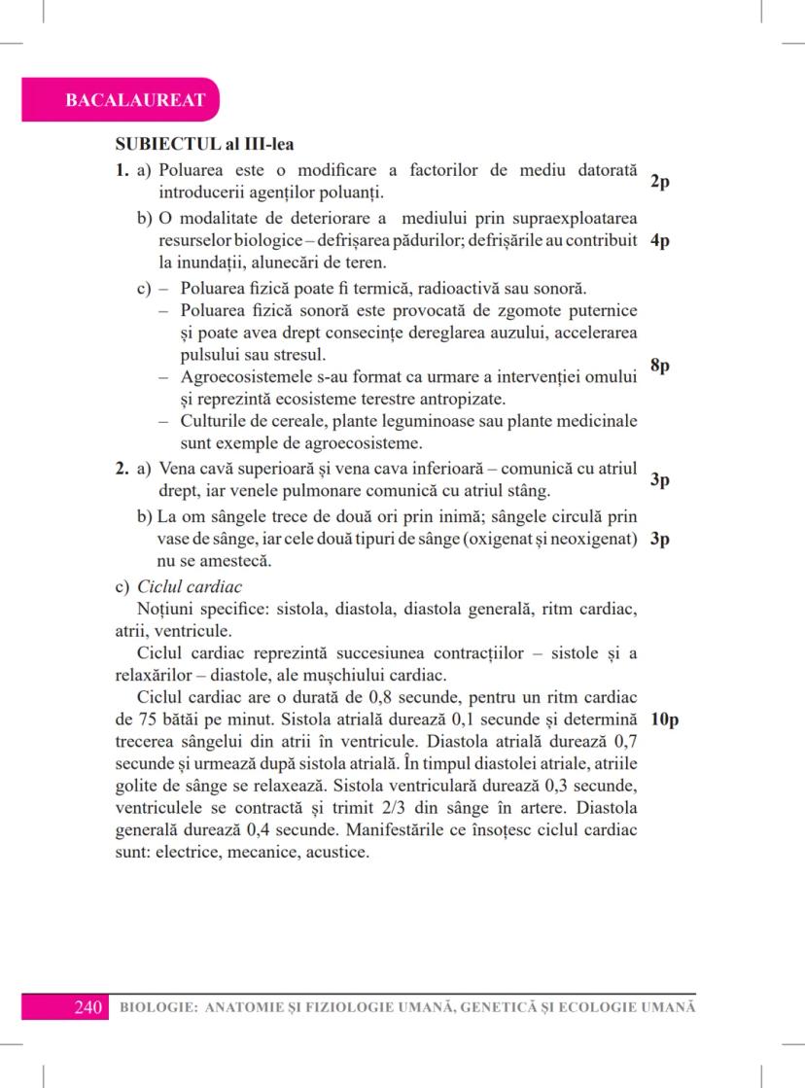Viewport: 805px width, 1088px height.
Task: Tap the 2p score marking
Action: pyautogui.click(x=658, y=182)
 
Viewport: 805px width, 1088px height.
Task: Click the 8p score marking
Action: pyautogui.click(x=658, y=366)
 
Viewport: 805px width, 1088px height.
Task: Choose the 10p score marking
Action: pyautogui.click(x=665, y=720)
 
